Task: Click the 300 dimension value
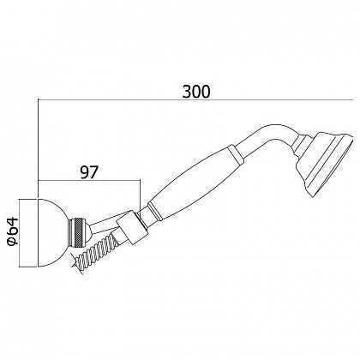tap(196, 91)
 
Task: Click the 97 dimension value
tap(89, 172)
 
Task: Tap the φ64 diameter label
tap(12, 231)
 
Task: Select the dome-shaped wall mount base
tap(53, 232)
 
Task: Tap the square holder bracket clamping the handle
tap(132, 230)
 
